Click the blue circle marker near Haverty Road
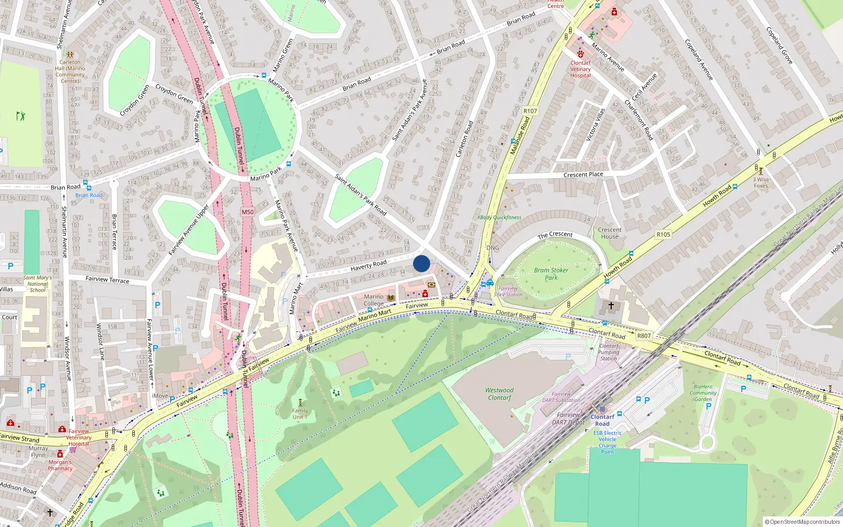tap(421, 263)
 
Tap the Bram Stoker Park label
tap(551, 274)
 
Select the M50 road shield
tap(248, 212)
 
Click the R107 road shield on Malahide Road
tap(530, 111)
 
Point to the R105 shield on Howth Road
tap(663, 235)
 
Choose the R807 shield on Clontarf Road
tap(644, 336)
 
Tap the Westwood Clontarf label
tap(499, 394)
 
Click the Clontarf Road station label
tap(602, 420)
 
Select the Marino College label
tap(374, 300)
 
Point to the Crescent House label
tap(610, 233)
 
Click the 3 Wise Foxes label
tap(761, 182)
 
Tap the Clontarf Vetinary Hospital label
tap(580, 69)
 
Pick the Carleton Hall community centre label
tap(70, 71)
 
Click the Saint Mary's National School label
tap(37, 284)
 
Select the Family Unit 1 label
tap(300, 414)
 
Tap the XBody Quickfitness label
tap(499, 217)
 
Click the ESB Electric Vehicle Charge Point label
tap(607, 442)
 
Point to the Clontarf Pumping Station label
tap(609, 352)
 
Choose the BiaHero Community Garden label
tap(703, 393)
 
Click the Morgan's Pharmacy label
tap(60, 465)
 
